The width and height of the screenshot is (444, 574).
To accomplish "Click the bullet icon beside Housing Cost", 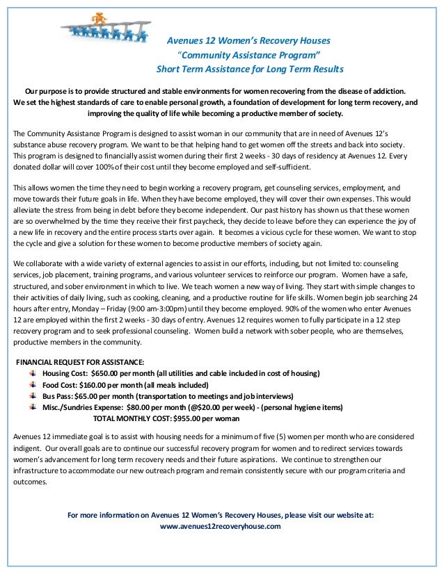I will [34, 373].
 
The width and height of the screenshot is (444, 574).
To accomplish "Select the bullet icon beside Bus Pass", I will [34, 396].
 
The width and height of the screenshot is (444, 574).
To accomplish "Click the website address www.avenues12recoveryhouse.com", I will [221, 526].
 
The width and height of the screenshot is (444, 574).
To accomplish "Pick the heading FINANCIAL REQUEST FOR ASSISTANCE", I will [80, 362].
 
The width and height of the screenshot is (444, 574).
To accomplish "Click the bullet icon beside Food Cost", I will [34, 385].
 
